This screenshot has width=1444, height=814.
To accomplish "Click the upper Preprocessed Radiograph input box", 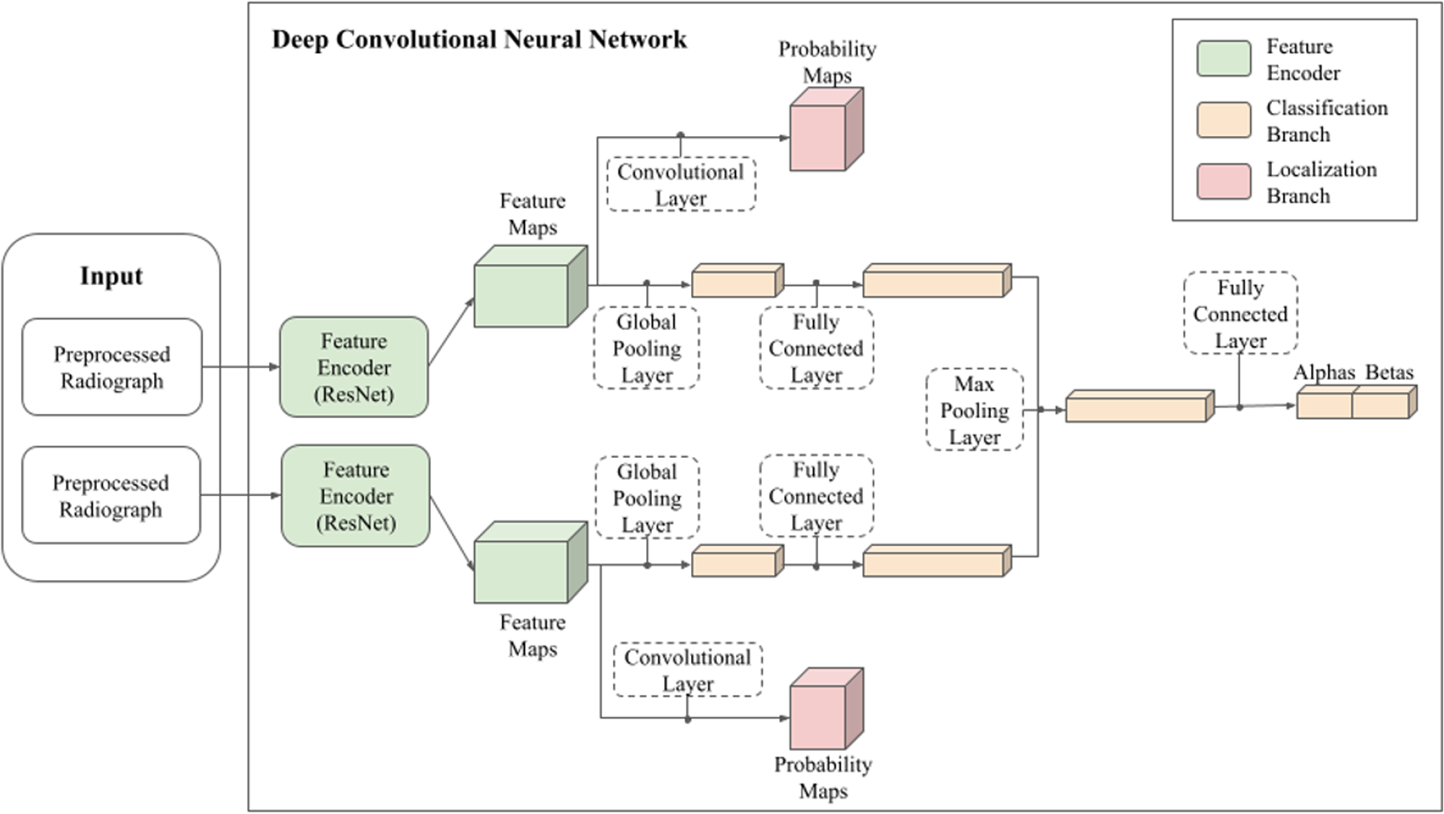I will point(112,367).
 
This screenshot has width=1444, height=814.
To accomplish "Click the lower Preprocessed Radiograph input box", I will point(111,495).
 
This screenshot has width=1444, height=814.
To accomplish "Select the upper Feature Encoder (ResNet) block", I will point(354,367).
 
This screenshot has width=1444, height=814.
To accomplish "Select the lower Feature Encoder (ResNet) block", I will point(355,495).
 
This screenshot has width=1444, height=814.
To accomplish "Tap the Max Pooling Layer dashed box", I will point(975,410).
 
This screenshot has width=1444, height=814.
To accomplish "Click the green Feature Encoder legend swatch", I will point(1223,59).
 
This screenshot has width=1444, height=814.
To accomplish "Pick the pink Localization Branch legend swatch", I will point(1223,182).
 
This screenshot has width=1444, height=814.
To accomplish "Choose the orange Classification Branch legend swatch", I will point(1223,120).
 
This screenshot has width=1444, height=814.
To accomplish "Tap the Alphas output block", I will point(1324,404).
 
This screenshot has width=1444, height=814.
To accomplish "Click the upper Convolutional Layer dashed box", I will point(680,185).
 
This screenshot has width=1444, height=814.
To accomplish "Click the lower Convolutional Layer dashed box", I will point(688,670).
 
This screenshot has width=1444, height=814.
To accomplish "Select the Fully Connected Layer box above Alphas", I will point(1240,313).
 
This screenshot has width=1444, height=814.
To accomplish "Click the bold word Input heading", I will point(111,276).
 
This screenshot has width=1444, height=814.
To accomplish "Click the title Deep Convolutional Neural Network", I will point(478,40).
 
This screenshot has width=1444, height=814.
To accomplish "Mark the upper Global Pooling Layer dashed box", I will point(646,348).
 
